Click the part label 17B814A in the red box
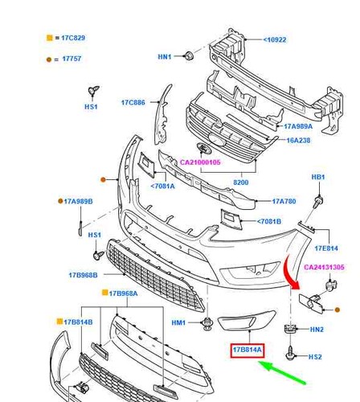point(247,350)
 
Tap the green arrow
point(281,372)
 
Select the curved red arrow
point(290,272)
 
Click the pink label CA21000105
point(200,162)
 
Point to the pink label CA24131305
point(324,267)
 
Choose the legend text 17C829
point(73,38)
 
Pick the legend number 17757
point(72,59)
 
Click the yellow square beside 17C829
point(50,38)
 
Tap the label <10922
point(275,40)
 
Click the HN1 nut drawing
point(189,55)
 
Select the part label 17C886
point(133,103)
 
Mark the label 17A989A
point(298,126)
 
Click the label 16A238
point(298,141)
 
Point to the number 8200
point(241,183)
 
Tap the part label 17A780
point(284,201)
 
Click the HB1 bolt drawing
point(318,203)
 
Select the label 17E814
point(326,248)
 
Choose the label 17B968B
point(84,275)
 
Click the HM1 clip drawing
point(207,323)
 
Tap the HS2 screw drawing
point(291,353)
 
